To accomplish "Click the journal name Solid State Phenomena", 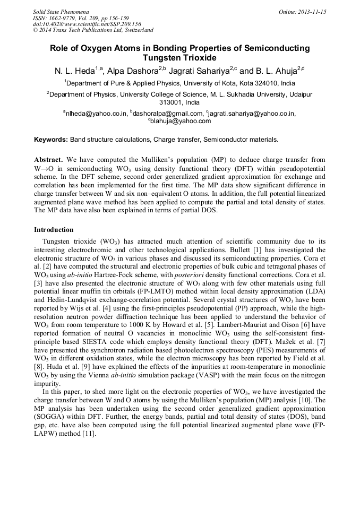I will (x=61, y=11).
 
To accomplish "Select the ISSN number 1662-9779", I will (x=66, y=18).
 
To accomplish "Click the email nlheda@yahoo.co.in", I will (x=95, y=114).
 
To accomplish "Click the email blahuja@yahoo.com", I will (x=181, y=121).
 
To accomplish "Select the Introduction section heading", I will (x=54, y=230).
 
